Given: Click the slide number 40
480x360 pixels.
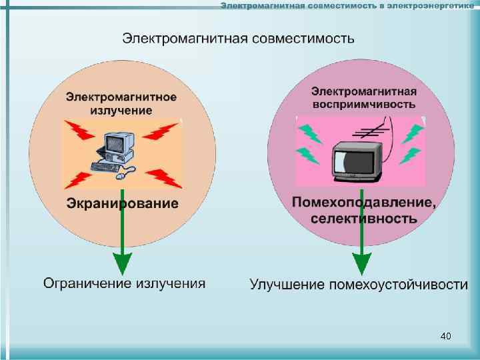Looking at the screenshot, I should point(446,335).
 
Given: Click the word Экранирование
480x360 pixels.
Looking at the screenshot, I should point(122,203).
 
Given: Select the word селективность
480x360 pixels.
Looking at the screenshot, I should point(364,218).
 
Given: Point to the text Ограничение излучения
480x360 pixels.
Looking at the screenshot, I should point(125,283).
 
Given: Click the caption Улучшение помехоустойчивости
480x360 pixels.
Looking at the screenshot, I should point(359,285).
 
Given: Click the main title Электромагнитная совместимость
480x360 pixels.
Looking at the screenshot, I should point(238,38).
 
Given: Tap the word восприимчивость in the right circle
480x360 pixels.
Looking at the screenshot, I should point(364,105).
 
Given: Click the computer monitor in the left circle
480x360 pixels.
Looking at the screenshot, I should point(119,143).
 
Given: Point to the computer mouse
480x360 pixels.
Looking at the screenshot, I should point(122,177).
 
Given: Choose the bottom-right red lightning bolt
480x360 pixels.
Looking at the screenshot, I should point(160,178).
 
